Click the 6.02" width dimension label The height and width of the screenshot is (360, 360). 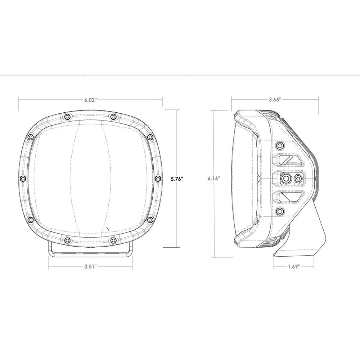coord(91,100)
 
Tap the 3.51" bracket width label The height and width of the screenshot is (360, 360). coord(91,266)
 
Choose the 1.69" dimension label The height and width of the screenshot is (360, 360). coord(294,266)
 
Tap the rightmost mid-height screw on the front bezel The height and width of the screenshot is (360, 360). coord(158,179)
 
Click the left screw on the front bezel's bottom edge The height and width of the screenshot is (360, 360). coord(67,240)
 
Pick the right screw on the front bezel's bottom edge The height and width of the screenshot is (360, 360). coord(113,240)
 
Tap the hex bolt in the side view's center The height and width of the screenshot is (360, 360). coord(287,179)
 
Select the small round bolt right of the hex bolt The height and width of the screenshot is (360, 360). coord(298,179)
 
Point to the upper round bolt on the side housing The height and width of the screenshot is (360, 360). coord(280,145)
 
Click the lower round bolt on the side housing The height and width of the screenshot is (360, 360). coord(280,211)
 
